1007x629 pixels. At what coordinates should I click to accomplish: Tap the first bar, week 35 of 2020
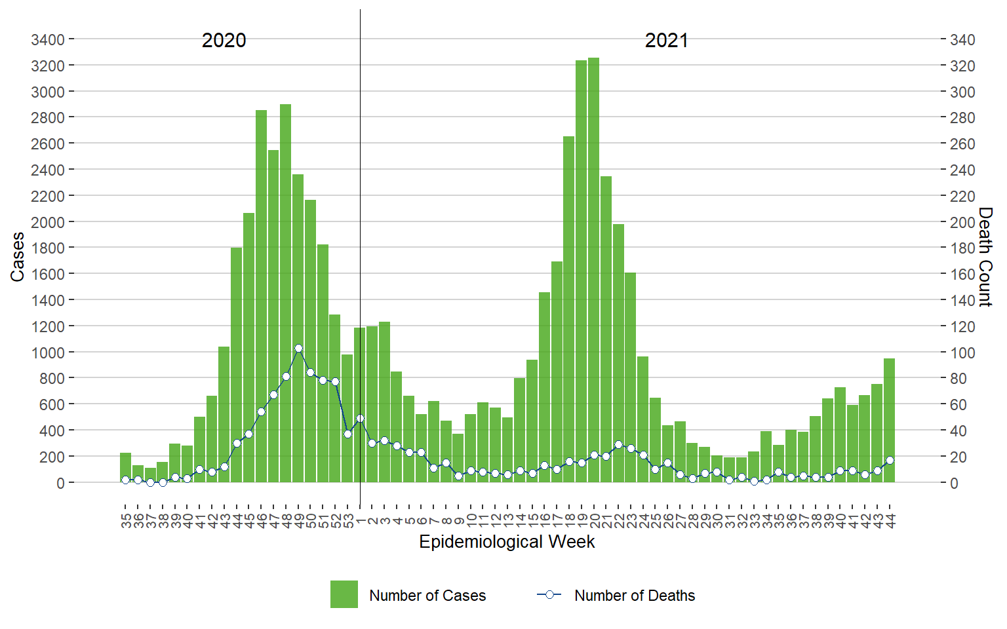tap(125, 468)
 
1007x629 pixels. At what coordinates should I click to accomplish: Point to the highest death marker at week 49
tap(298, 349)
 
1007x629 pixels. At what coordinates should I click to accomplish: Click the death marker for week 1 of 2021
tap(360, 418)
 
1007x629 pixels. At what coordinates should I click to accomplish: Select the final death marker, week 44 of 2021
tap(890, 460)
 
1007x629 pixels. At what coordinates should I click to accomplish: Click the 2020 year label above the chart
tap(224, 41)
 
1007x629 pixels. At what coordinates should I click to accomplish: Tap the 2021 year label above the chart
tap(666, 41)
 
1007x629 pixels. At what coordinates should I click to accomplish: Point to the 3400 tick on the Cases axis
tap(48, 40)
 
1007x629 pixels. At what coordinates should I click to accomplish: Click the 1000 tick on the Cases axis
tap(48, 353)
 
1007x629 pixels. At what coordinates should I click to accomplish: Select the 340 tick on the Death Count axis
tap(962, 40)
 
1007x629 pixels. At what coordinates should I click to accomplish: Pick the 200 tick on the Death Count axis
tap(962, 222)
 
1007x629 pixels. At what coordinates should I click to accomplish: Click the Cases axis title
tap(17, 257)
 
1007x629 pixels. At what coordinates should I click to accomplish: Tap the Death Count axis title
tap(985, 257)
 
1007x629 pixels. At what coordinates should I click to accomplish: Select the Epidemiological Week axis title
tap(507, 542)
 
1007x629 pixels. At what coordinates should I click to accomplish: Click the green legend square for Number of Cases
tap(344, 594)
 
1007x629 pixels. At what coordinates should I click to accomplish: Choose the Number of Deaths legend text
tap(634, 596)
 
